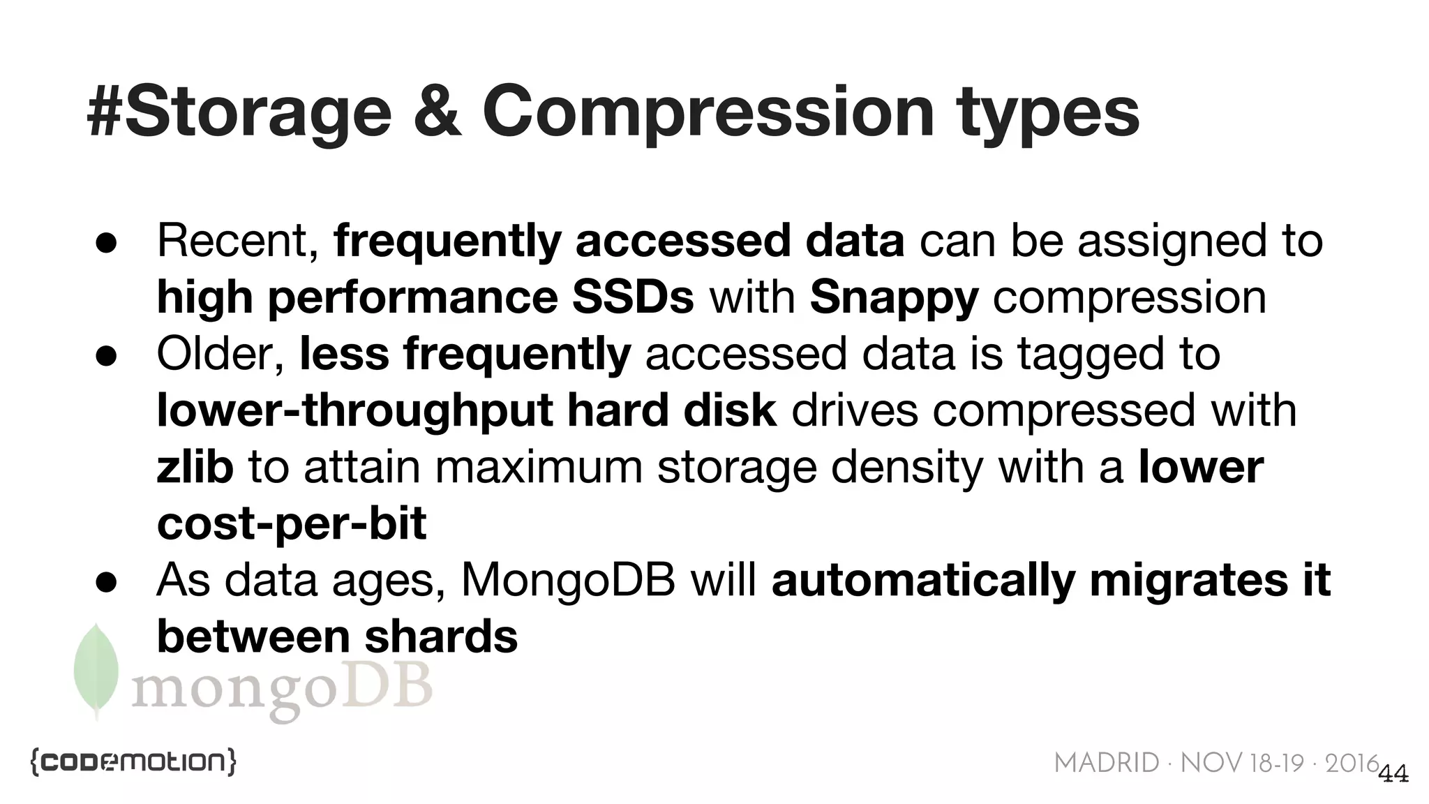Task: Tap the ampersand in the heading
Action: click(437, 112)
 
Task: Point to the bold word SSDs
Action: click(632, 297)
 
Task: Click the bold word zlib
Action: click(195, 467)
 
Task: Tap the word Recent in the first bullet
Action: click(232, 241)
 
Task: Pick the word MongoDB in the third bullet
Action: click(568, 580)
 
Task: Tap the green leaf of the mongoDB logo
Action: click(96, 670)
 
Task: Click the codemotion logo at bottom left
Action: click(133, 762)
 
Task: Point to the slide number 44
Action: click(1394, 774)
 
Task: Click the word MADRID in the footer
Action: click(1106, 764)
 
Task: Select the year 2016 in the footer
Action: click(1352, 764)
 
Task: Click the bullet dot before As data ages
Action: click(105, 581)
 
